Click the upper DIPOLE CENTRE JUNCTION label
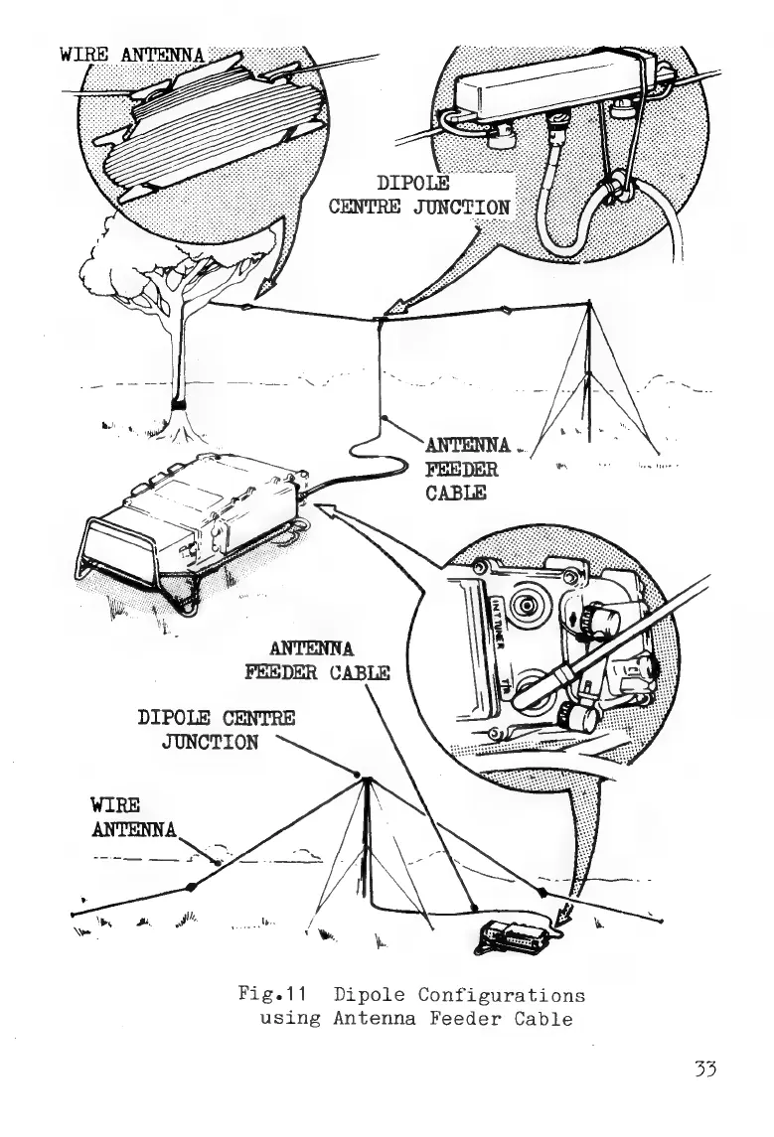[x=418, y=196]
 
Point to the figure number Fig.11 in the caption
[x=265, y=994]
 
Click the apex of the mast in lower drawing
[x=369, y=779]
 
